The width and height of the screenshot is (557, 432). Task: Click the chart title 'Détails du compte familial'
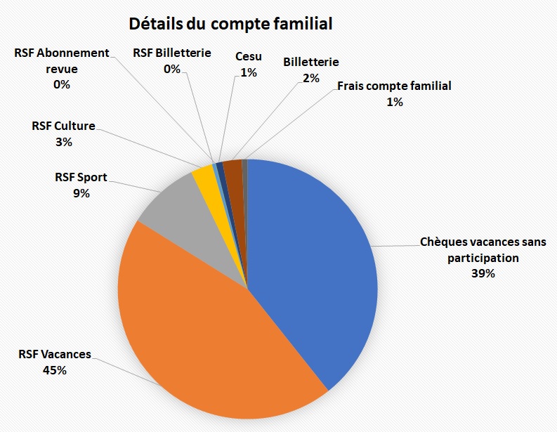(x=230, y=24)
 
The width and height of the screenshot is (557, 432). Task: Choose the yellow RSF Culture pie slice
(x=204, y=175)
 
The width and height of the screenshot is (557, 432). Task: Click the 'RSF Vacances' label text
(x=55, y=354)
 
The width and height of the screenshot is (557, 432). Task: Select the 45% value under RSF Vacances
(x=55, y=369)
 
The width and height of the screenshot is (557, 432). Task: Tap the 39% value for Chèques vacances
(x=483, y=274)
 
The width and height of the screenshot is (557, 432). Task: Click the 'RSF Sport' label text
(x=81, y=178)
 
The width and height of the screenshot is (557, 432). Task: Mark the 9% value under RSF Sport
(x=81, y=193)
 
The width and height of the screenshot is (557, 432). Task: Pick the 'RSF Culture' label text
(x=63, y=126)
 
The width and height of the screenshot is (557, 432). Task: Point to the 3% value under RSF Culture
(x=63, y=142)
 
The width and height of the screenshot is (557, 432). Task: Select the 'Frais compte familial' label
(x=394, y=86)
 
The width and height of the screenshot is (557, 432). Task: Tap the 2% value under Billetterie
(x=311, y=78)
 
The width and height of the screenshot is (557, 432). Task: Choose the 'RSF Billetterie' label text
(x=172, y=53)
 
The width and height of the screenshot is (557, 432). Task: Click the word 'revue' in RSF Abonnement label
(x=62, y=69)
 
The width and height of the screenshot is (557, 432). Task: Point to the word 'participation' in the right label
(x=483, y=258)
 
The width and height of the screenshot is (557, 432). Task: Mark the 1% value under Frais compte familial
(x=394, y=103)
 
